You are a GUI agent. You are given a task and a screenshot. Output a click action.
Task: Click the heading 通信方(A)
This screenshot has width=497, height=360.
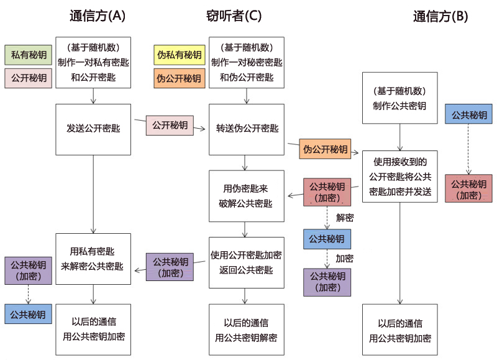tap(98, 17)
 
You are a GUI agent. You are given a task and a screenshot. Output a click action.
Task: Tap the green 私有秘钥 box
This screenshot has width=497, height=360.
tap(28, 55)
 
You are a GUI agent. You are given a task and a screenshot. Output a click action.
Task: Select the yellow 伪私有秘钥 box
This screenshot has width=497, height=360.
tap(179, 55)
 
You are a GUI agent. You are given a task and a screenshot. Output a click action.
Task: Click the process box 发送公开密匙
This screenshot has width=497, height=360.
tap(93, 129)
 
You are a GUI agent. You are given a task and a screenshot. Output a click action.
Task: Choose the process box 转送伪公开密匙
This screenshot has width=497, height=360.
tap(247, 129)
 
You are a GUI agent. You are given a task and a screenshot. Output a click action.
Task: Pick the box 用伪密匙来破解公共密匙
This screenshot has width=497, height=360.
tap(246, 196)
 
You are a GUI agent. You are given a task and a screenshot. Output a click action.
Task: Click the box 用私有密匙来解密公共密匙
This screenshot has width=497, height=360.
tap(93, 259)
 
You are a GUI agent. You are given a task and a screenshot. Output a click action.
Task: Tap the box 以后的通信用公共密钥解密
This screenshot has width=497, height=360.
tap(246, 330)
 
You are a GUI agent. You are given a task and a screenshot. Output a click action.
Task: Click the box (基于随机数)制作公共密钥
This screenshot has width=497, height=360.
tap(399, 98)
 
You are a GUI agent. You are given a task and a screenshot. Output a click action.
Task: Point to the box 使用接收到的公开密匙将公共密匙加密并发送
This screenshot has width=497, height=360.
tap(399, 177)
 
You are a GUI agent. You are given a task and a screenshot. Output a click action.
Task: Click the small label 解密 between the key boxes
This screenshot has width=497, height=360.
tap(345, 218)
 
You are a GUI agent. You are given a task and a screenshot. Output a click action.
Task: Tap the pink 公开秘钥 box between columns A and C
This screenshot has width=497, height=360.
tap(170, 125)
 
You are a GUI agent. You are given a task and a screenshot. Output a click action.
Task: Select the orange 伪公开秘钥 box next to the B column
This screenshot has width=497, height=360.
tap(325, 149)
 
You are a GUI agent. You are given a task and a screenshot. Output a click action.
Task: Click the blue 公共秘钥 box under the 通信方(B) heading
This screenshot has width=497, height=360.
tap(468, 115)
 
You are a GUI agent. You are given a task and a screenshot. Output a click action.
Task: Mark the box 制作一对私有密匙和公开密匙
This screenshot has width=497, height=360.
tap(93, 62)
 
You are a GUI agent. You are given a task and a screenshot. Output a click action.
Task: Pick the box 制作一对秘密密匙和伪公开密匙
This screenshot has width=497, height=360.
tap(247, 62)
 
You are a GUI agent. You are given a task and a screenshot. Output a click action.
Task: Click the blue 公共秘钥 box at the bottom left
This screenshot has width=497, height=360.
tap(28, 314)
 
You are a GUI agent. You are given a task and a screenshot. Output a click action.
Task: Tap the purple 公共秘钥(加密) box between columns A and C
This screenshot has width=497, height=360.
tap(170, 267)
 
